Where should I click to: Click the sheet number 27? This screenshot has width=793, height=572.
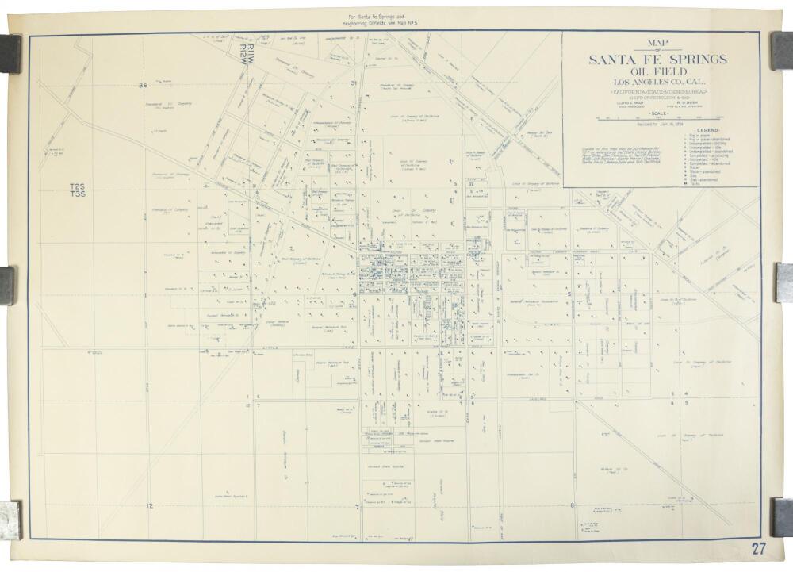759,547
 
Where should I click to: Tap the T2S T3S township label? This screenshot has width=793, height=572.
78,190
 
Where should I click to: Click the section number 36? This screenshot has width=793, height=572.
143,85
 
